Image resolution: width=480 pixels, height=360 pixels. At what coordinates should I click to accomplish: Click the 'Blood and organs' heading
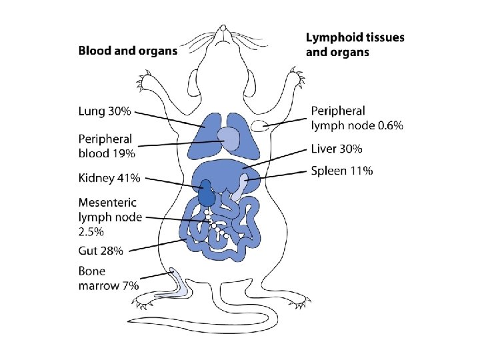pos(128,50)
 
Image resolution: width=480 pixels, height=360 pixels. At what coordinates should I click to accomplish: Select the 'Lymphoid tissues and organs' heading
pos(355,45)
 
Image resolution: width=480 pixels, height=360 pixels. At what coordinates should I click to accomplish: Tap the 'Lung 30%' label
pos(105,111)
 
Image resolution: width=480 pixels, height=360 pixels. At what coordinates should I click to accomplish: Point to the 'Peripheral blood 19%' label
pos(106,146)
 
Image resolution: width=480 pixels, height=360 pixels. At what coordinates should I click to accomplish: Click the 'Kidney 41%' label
pos(109,178)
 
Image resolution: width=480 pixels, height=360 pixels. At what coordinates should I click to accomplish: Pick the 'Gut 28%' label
pos(101,251)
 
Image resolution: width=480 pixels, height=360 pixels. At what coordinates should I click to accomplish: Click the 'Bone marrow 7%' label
pos(108,278)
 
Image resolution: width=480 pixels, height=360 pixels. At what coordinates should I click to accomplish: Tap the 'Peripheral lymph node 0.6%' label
pos(357,118)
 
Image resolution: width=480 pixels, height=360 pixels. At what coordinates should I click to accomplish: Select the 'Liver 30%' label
pos(337,149)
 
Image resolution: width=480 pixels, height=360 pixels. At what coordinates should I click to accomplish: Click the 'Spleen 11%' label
pos(342,171)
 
